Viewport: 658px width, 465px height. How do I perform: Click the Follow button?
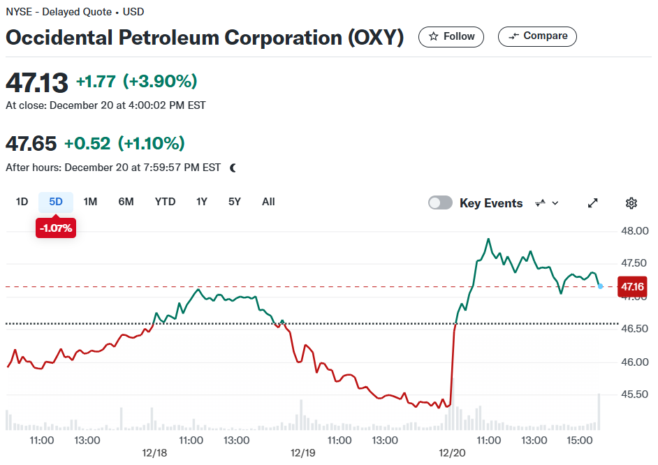click(451, 37)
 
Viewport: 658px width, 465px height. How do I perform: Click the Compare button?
click(537, 36)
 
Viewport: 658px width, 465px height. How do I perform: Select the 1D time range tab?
click(22, 202)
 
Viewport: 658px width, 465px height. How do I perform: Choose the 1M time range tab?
click(90, 202)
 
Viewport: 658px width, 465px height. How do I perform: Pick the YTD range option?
click(165, 202)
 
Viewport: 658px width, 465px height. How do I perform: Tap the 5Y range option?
click(234, 202)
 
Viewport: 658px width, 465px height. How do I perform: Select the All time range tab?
click(268, 202)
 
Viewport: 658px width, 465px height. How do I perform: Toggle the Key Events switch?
click(440, 202)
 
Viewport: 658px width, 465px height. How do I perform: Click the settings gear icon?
click(631, 203)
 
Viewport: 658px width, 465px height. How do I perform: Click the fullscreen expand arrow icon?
click(592, 203)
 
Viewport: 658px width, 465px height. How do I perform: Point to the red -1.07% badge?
click(56, 228)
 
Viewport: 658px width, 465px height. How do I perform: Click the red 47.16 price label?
click(632, 287)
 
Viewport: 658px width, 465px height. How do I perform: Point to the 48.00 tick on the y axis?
click(634, 230)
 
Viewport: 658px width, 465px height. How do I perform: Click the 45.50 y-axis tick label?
click(634, 394)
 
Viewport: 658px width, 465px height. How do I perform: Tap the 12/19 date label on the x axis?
click(302, 453)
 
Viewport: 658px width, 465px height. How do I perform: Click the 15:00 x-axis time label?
click(580, 441)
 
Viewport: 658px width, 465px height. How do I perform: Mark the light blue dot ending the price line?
click(600, 286)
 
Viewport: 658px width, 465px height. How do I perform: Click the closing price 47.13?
click(37, 82)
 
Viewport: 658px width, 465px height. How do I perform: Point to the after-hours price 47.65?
click(31, 143)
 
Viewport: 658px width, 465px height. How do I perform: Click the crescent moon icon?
click(233, 168)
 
